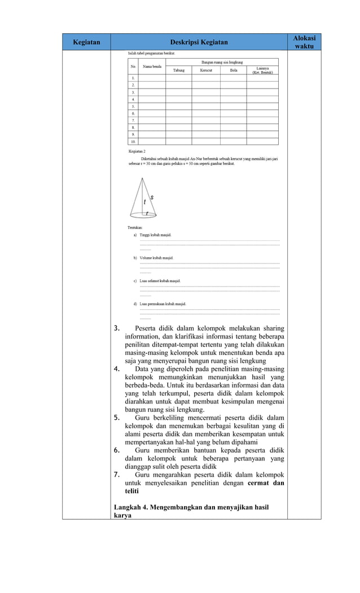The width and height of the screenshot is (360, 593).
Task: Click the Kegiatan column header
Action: (86, 42)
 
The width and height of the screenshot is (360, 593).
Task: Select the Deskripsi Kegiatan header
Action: (199, 42)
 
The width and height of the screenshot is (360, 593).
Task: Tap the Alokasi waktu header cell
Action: (304, 42)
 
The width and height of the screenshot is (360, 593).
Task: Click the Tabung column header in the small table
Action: (178, 71)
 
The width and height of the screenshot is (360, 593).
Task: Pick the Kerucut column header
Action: (205, 71)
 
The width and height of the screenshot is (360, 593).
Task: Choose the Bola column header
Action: (233, 71)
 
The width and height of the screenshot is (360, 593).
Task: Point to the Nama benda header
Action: (152, 66)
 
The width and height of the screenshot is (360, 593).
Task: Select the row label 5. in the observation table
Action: (133, 106)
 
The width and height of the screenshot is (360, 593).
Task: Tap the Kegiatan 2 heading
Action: (137, 152)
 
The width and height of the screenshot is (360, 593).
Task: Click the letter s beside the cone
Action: (152, 196)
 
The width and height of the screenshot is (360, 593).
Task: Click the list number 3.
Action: (117, 328)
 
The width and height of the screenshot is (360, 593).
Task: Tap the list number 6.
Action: (116, 450)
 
